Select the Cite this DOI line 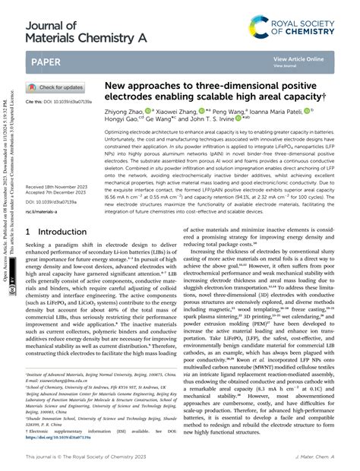tap(58, 101)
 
